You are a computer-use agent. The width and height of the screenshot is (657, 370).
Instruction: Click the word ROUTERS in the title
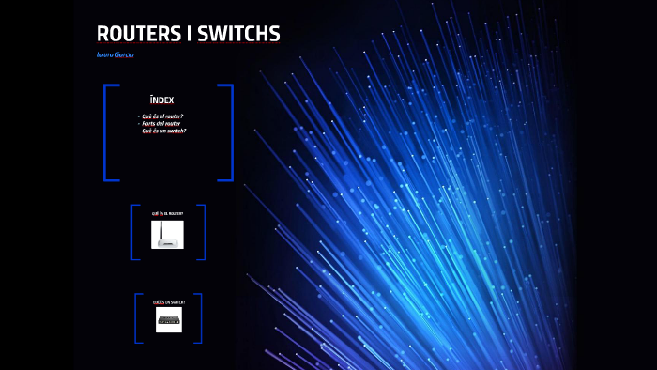tap(140, 34)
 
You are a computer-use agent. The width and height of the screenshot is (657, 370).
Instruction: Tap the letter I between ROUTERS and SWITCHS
tap(191, 34)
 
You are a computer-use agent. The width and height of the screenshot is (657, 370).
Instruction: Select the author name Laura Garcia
tap(115, 54)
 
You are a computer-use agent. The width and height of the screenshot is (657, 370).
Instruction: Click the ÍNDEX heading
tap(161, 100)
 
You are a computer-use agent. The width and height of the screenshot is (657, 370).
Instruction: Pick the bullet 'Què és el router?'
tap(162, 116)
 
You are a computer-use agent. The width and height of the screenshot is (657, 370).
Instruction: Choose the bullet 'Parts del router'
tap(160, 123)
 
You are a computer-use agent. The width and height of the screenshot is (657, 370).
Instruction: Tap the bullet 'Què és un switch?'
tap(163, 131)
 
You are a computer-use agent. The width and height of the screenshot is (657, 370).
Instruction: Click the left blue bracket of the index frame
tap(105, 132)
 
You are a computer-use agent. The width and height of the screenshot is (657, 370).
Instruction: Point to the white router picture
tap(168, 235)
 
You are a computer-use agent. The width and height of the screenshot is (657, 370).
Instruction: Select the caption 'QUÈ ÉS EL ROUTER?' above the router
tap(168, 214)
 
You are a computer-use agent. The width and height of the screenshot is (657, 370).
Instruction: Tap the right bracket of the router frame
tap(204, 231)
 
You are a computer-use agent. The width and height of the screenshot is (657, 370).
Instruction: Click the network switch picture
tap(169, 320)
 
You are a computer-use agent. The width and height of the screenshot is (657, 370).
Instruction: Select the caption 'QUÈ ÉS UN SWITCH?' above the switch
tap(169, 302)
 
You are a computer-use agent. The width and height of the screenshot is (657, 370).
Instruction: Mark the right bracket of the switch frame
tap(200, 318)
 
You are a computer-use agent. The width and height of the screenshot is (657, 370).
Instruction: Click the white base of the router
tap(168, 243)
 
